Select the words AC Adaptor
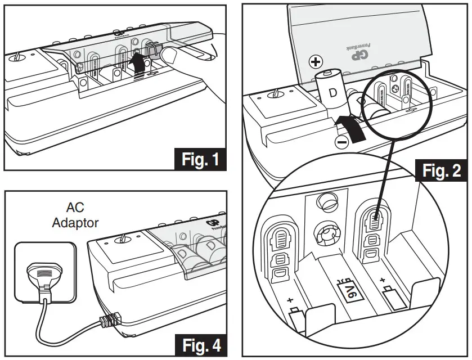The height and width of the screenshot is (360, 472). click(x=75, y=216)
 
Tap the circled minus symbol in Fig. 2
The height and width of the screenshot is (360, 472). click(x=341, y=142)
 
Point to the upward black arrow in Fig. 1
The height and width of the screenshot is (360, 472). click(x=135, y=62)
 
